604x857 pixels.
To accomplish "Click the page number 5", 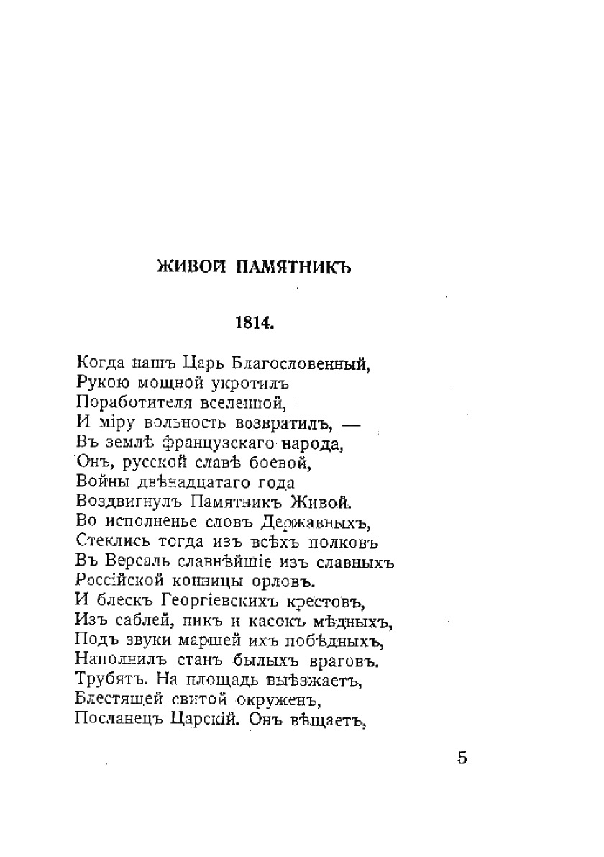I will [462, 758].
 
